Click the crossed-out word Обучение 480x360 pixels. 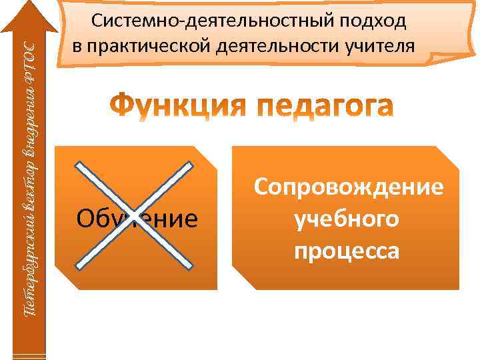pyautogui.click(x=137, y=217)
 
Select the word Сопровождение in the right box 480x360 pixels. pyautogui.click(x=347, y=187)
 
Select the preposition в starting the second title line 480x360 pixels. pyautogui.click(x=77, y=47)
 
